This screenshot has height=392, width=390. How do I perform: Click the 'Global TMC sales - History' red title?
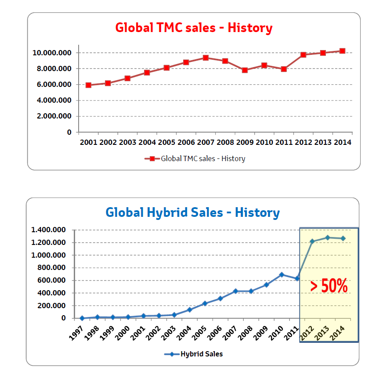point(194,28)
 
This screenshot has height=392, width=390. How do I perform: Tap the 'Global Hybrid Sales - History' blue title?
point(192,213)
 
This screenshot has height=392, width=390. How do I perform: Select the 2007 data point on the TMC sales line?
point(206,58)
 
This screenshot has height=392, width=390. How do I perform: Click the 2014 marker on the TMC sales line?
point(342,51)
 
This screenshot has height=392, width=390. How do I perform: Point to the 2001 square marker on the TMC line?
point(88,85)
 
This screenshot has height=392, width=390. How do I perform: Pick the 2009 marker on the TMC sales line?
point(245,70)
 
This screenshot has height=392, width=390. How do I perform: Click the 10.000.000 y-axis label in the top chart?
point(52,53)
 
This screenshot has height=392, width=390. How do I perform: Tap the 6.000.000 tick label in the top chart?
point(54,85)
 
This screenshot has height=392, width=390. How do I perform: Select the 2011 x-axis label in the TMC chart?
point(284,143)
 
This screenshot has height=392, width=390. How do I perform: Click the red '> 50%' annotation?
point(329,286)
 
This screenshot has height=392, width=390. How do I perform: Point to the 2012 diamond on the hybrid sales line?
point(312,241)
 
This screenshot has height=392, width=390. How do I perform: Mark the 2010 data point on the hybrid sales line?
point(282,275)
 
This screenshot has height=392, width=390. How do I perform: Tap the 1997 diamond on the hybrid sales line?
point(82,318)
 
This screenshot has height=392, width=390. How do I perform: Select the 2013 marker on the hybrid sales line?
point(328,238)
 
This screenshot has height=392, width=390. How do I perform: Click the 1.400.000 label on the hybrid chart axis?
point(48,230)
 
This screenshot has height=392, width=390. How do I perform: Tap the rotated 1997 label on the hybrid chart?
point(77,330)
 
